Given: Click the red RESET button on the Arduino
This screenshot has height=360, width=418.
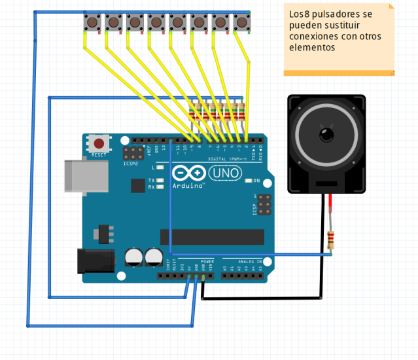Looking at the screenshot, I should click(99, 143).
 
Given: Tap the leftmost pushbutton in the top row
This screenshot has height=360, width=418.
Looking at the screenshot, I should click(92, 23).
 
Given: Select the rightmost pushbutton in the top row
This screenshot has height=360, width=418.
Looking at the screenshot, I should click(241, 23).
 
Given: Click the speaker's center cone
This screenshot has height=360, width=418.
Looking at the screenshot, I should click(325, 135).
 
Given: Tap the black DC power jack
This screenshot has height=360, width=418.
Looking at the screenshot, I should click(91, 261).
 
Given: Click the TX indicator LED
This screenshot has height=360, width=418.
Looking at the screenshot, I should click(161, 180).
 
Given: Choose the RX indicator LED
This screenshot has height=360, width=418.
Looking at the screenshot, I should click(161, 187).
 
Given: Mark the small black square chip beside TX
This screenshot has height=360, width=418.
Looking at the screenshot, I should click(137, 186).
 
